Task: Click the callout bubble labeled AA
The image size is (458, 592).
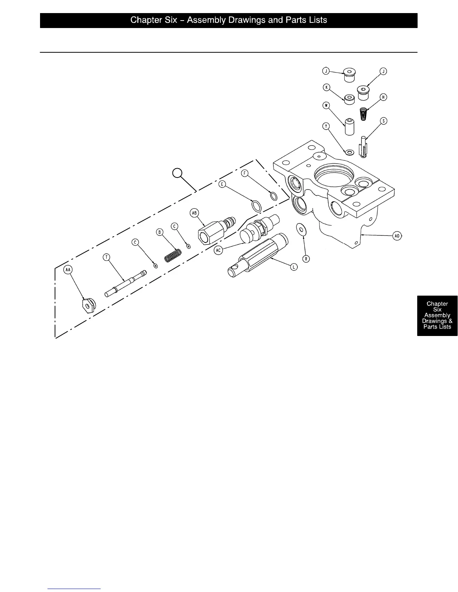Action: coord(68,270)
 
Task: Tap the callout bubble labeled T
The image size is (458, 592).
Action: coord(107,257)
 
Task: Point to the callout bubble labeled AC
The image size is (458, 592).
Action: coord(218,250)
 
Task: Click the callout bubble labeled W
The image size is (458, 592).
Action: coord(326,105)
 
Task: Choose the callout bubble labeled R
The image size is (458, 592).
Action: coord(306,259)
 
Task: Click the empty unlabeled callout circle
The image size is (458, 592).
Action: coord(177,173)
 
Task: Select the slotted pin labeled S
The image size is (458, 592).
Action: coord(363,147)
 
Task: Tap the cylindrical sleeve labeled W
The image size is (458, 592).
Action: coord(349,127)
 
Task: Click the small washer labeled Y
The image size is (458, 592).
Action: coord(350,152)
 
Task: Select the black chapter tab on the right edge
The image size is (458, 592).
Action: coord(437,315)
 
